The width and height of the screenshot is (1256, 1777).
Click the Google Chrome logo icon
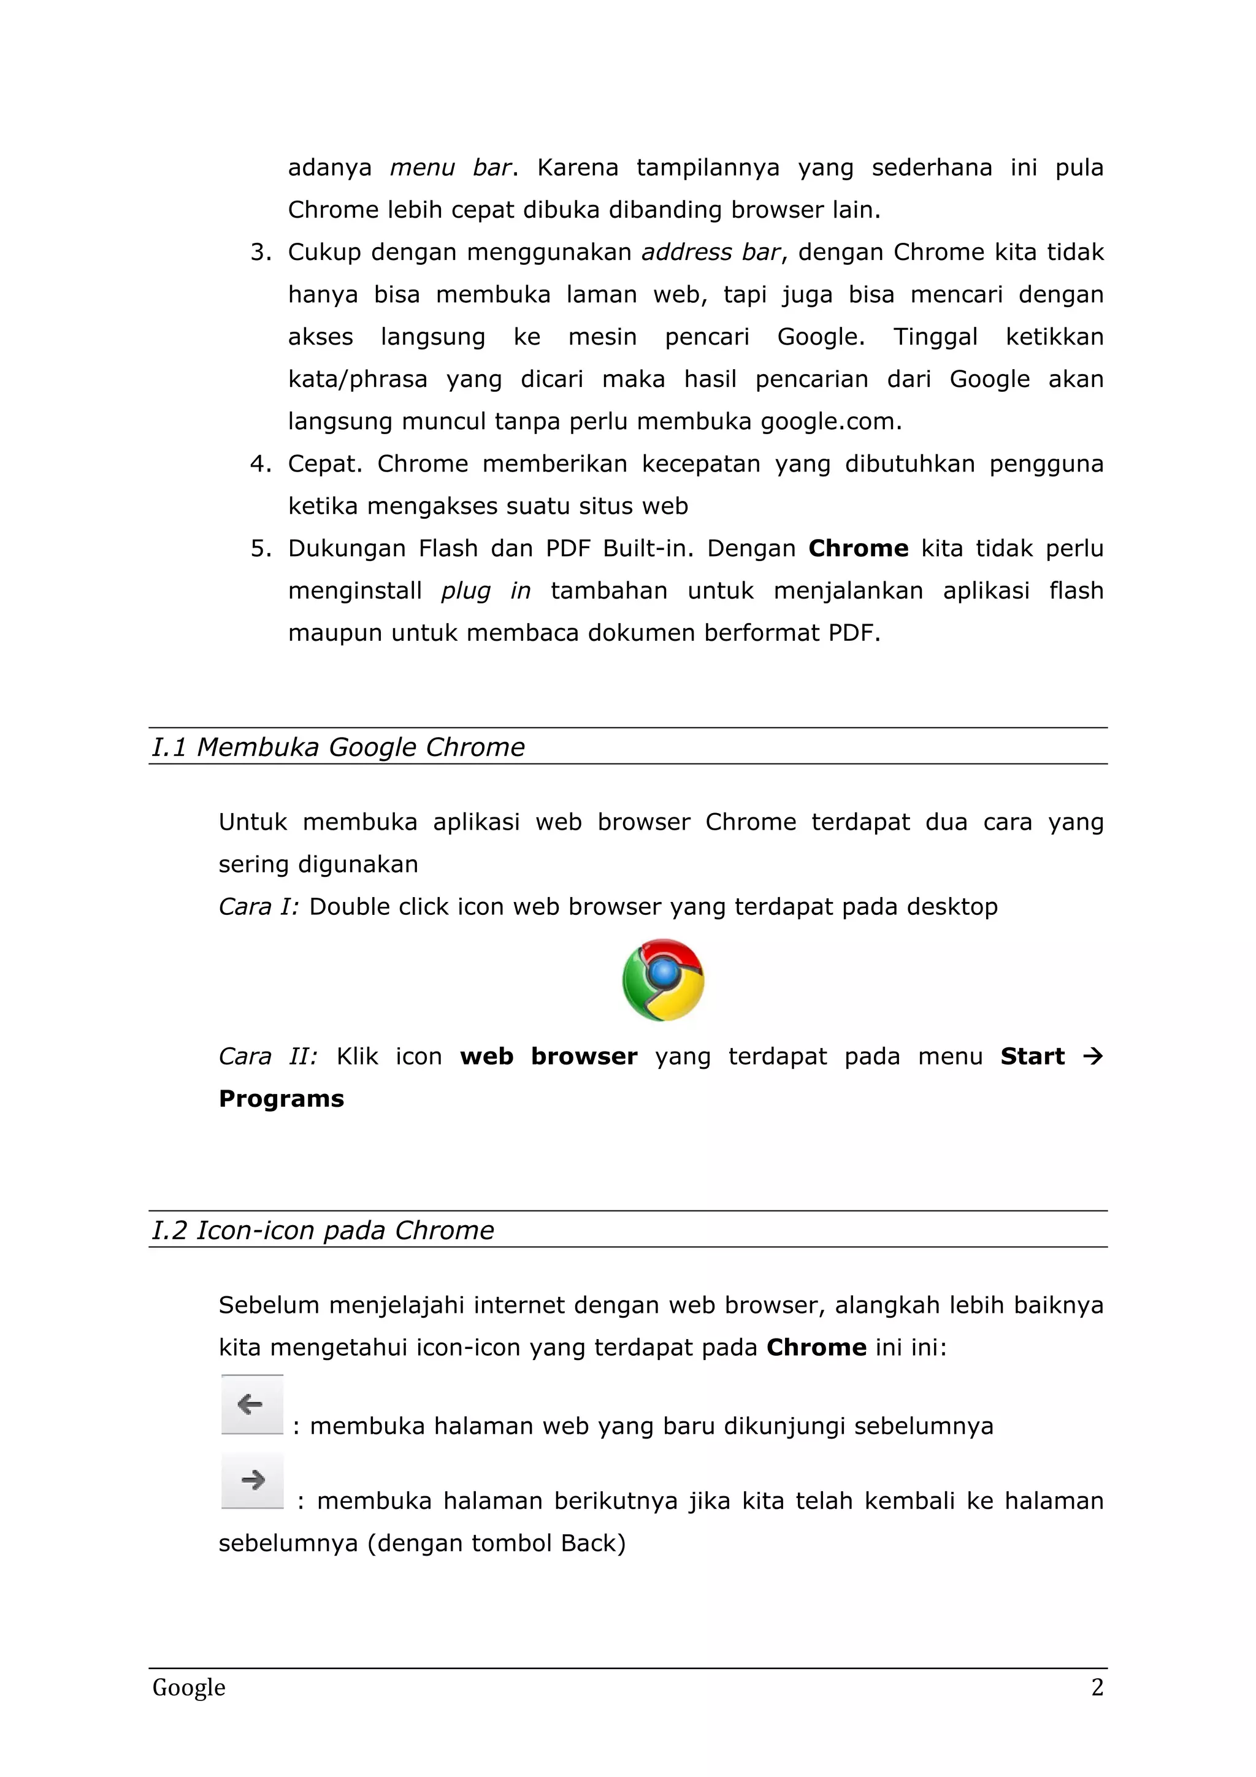click(663, 980)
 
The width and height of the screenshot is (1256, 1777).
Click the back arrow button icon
click(251, 1405)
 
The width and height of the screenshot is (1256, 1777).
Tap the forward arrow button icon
click(252, 1481)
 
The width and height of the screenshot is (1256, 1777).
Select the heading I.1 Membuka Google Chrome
click(338, 747)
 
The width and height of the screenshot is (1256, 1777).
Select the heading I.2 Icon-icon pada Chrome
click(323, 1230)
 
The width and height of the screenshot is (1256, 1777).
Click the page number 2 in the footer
click(1097, 1687)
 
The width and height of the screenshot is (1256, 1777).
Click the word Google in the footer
click(189, 1687)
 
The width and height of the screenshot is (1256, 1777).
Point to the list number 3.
click(259, 252)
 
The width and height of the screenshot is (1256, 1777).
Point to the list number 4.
click(259, 464)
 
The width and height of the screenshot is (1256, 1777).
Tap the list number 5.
click(259, 549)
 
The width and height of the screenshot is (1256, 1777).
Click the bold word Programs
click(281, 1099)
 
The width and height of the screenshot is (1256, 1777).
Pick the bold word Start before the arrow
click(1032, 1057)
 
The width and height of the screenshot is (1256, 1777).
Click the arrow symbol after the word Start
click(1092, 1057)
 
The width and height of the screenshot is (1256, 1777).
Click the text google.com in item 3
click(830, 422)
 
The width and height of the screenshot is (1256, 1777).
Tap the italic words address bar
click(710, 252)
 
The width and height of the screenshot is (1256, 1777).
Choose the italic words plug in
click(485, 591)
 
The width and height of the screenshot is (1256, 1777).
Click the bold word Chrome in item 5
click(857, 549)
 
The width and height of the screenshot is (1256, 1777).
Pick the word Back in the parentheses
click(588, 1543)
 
